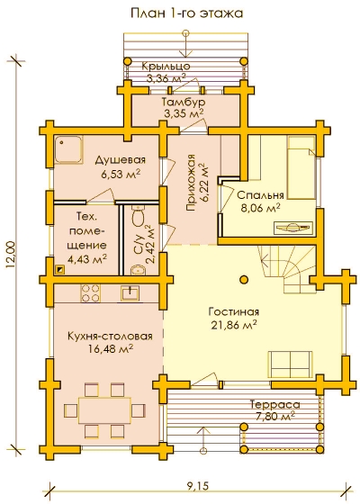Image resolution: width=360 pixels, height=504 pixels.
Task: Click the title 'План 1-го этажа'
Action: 186,13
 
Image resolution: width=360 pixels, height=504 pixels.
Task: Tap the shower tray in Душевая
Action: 68,150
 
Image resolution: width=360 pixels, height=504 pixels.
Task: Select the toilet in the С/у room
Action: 139,218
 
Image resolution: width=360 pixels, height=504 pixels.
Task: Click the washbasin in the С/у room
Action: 138,270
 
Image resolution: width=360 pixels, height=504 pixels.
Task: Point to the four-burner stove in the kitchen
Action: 90,292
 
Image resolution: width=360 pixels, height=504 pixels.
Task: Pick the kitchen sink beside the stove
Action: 130,293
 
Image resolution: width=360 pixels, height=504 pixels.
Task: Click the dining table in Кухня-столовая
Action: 104,410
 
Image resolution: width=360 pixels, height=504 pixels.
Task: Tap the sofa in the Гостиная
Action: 290,364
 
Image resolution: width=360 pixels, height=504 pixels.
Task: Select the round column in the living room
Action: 244,279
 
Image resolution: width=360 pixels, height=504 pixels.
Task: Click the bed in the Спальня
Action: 301,167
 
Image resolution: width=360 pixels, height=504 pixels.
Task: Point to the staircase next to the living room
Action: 287,268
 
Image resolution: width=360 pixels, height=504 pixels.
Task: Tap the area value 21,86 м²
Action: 234,325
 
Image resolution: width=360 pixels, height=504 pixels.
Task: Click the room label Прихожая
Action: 191,183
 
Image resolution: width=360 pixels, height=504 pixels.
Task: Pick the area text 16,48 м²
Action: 111,349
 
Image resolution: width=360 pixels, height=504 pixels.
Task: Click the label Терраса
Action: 274,404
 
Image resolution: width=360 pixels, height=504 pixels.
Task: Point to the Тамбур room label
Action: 184,102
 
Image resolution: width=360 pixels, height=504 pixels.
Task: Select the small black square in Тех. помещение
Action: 60,269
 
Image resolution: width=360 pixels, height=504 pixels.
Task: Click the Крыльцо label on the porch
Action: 166,67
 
